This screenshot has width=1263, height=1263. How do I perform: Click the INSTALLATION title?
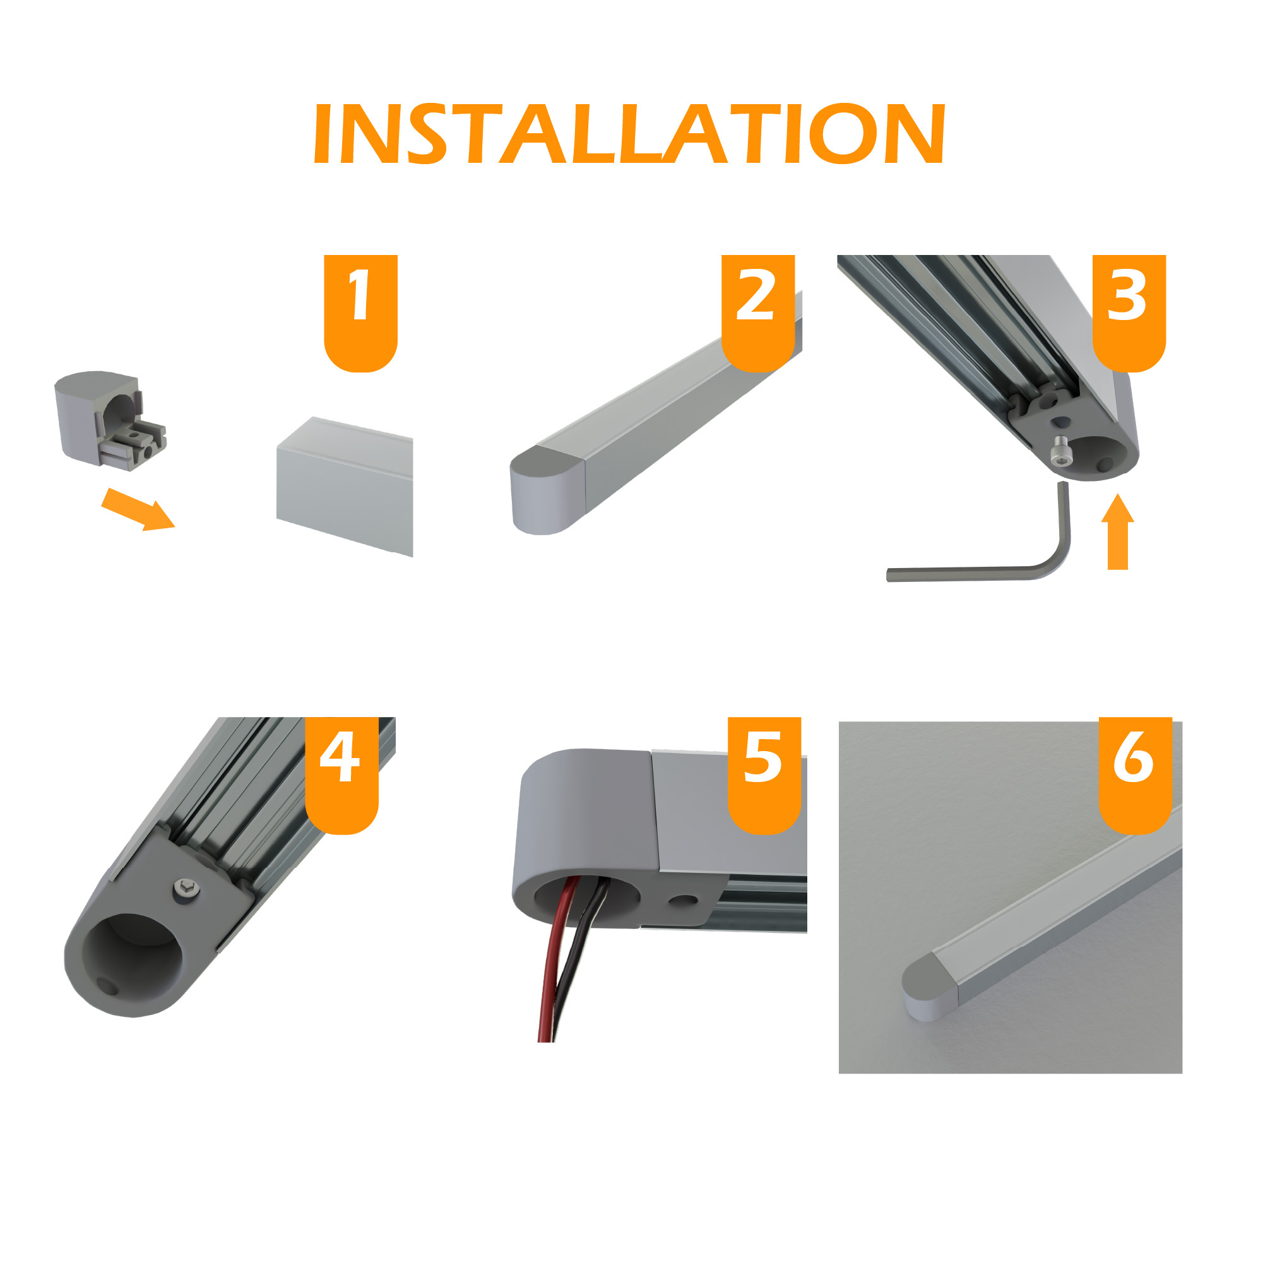point(629,133)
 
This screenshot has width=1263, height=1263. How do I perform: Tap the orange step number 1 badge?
point(361,313)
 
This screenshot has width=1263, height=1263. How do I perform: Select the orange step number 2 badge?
point(757,313)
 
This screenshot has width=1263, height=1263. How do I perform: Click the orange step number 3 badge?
point(1129,313)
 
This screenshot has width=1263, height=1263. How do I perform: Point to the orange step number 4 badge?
point(342,775)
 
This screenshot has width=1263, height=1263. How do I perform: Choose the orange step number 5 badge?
point(764,775)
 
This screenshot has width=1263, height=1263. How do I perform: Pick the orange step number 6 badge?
point(1136,775)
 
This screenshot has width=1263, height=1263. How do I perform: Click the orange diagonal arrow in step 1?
point(138,510)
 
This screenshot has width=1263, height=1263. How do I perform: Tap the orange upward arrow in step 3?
point(1118,531)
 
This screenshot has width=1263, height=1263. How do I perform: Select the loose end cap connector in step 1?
point(110,421)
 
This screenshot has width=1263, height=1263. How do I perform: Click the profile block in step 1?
point(345,487)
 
